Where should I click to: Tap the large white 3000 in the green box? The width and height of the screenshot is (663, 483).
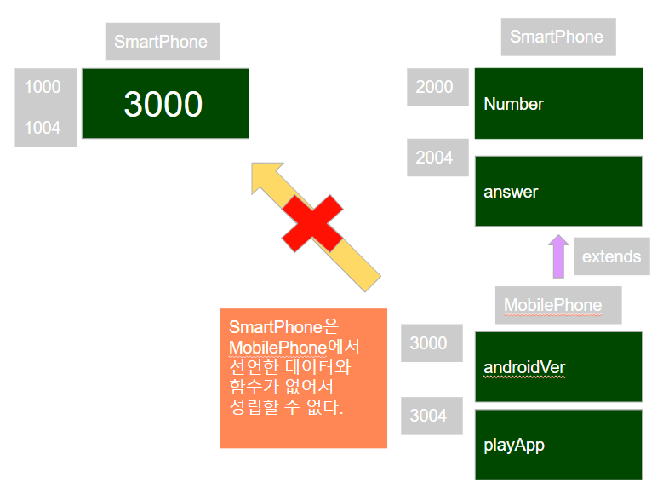pos(163,104)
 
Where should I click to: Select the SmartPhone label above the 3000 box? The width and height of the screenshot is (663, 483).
pos(162,42)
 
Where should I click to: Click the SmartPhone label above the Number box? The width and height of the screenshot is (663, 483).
pos(557,37)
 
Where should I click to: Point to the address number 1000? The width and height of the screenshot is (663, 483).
pos(43,87)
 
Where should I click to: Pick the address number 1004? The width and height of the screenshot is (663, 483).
pos(43,128)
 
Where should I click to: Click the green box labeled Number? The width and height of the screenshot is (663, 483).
pos(557,104)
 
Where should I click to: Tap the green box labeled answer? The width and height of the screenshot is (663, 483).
pos(557,192)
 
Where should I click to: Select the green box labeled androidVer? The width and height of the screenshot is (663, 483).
pos(557,367)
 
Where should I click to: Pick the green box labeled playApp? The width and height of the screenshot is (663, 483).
pos(557,445)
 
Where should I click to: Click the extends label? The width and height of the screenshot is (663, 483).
pos(611,256)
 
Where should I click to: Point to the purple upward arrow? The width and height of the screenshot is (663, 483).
pos(558,256)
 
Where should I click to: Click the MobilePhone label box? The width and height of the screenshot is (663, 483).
pos(557,305)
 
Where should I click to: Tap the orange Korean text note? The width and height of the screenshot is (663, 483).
pos(303,378)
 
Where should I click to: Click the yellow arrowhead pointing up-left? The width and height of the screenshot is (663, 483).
pos(266,176)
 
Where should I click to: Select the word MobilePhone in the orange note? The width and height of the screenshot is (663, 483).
pos(277,348)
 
